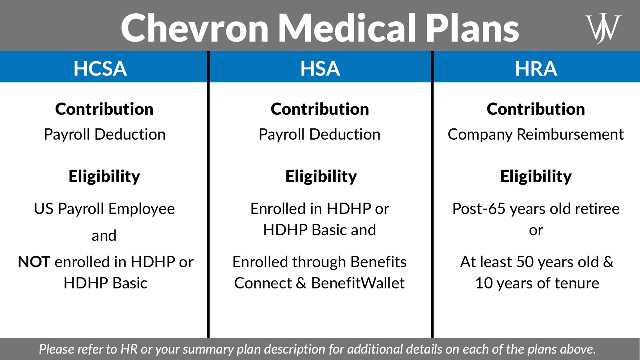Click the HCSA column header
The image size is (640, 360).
[x=100, y=68]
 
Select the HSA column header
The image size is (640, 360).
[x=320, y=68]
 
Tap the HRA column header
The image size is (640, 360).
[x=536, y=68]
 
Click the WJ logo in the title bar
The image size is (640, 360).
[x=603, y=28]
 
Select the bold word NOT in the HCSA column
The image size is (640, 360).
[x=34, y=262]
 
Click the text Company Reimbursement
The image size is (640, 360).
[x=536, y=134]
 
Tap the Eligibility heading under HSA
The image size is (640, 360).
[x=321, y=176]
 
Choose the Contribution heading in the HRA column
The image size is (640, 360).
[x=536, y=109]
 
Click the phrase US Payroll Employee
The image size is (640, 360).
[x=104, y=209]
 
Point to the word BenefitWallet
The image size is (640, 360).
[x=358, y=283]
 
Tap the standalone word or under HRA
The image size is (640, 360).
[x=536, y=231]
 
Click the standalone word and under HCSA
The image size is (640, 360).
[x=104, y=236]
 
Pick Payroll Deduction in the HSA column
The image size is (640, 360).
[x=319, y=134]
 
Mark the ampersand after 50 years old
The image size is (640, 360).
[x=608, y=262]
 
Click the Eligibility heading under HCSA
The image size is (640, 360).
[x=104, y=176]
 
